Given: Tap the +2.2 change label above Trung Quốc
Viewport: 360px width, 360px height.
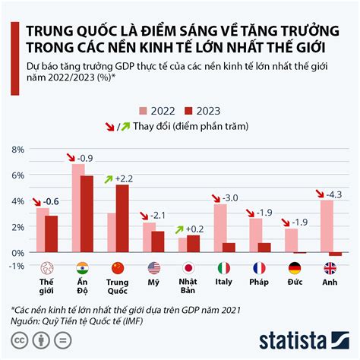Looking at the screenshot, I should click(125, 178).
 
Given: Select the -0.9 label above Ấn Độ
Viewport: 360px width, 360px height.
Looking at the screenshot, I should click(86, 158).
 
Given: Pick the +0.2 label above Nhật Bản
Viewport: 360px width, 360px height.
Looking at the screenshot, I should click(195, 229).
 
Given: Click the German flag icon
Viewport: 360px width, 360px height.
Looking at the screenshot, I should click(295, 268).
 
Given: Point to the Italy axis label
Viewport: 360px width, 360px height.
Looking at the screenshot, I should click(224, 283).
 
